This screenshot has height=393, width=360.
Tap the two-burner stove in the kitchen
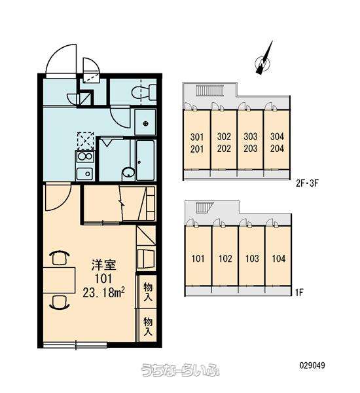pos(85,157)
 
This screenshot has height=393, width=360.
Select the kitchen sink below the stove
pos(84,174)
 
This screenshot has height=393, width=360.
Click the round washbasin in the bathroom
pos(128,173)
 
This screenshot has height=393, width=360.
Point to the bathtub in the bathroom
pos(145,160)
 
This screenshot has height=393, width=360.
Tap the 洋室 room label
pos(103,265)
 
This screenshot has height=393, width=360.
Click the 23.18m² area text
pos(103,292)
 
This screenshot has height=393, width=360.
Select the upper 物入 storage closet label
pos(148,291)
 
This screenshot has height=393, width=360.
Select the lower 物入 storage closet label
pos(148,326)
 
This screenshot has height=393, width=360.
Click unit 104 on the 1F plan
pos(279,259)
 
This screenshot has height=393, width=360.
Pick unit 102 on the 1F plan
pos(225,259)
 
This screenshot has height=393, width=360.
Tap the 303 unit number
pos(251,137)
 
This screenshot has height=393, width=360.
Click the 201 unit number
pos(197,149)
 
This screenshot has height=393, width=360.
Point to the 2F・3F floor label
pos(307,183)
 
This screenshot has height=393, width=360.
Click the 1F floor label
pos(299,293)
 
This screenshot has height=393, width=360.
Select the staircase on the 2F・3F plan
pos(209,90)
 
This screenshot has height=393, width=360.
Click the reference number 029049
pos(312,365)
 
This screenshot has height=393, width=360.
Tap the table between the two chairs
pos(59,280)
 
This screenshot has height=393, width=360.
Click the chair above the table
pos(60,258)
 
